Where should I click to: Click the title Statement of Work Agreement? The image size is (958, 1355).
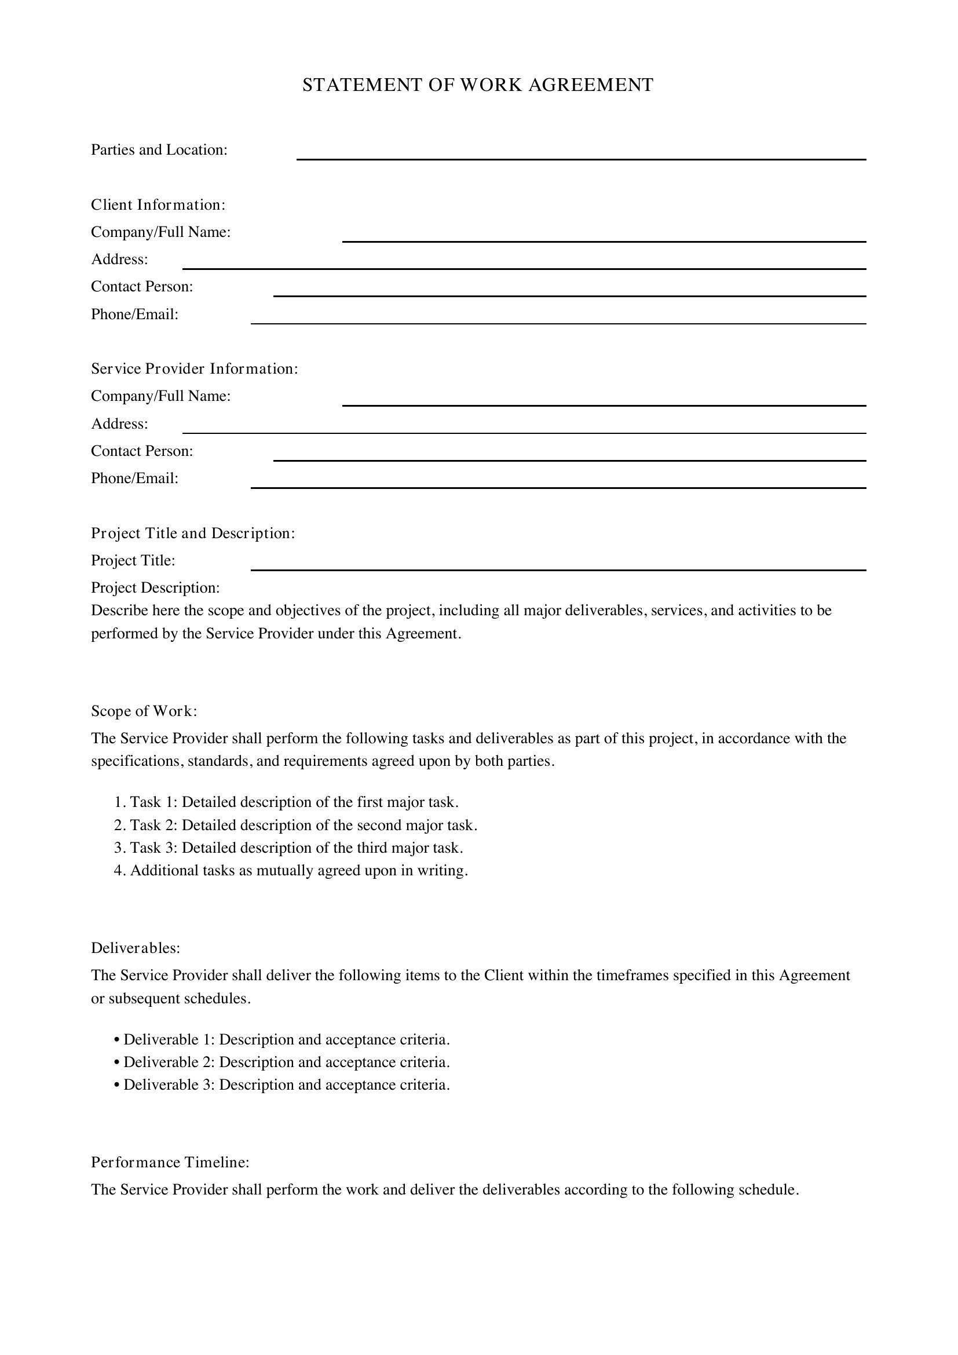pos(478,85)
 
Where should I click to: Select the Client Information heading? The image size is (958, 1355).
pos(158,204)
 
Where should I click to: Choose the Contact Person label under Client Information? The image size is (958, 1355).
pos(142,287)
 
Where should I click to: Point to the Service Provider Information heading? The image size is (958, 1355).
pos(195,369)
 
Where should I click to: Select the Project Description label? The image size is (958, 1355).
pos(155,588)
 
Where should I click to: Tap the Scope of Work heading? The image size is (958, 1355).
pos(144,711)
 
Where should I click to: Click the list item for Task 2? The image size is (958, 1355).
pos(295,825)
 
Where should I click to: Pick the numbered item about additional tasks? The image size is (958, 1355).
pos(291,871)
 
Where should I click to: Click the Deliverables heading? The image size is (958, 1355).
pos(136,948)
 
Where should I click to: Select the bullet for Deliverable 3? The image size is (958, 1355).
pos(282,1084)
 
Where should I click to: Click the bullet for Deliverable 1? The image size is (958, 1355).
pos(282,1039)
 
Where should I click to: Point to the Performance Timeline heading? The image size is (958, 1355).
pos(170,1163)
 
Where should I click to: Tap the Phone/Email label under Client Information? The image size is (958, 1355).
pos(134,315)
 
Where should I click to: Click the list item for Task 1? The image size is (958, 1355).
pos(286,802)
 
